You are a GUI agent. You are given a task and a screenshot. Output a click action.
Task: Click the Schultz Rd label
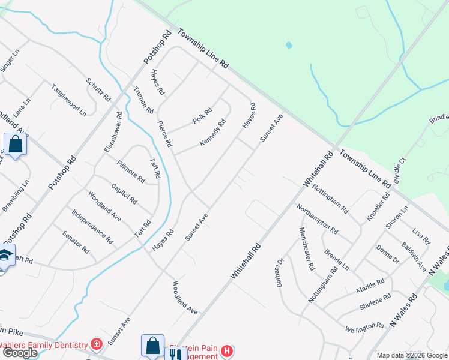click(x=98, y=89)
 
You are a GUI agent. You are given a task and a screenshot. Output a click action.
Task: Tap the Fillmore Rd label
click(x=131, y=171)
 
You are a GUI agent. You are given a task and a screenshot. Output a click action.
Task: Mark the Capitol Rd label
click(x=124, y=193)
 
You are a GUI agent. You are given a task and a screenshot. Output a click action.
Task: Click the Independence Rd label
click(x=92, y=226)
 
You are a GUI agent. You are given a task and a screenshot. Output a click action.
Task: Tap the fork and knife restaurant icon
click(x=175, y=354)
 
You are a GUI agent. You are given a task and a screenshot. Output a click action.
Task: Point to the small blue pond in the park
click(x=289, y=45)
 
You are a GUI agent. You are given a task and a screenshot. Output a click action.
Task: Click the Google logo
click(x=19, y=353)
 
